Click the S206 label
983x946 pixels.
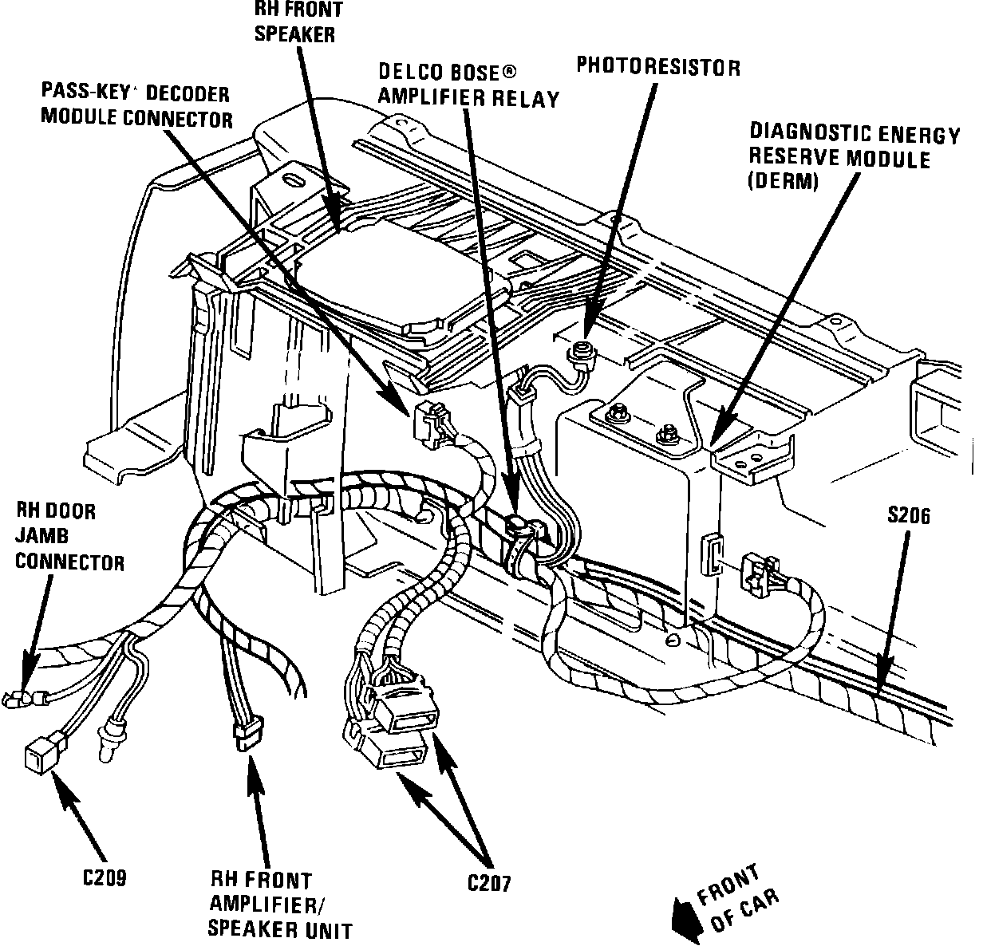[908, 517]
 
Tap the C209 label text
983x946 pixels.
[105, 877]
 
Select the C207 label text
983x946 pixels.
[488, 883]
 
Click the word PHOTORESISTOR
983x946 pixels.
[658, 67]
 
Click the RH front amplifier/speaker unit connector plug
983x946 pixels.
[247, 733]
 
